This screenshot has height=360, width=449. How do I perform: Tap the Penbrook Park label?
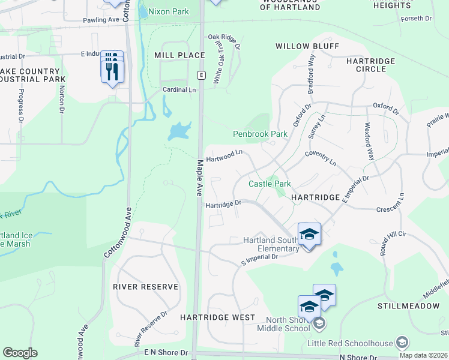click(260, 134)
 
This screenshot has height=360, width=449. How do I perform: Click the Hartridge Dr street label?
click(223, 205)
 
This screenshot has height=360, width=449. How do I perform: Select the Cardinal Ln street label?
click(179, 90)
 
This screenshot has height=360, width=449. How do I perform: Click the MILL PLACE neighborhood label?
click(179, 55)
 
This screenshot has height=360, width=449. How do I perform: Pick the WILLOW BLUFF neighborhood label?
click(307, 46)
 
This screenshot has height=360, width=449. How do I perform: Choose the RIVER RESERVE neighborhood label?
click(145, 287)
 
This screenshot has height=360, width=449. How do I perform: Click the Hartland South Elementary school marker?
click(309, 233)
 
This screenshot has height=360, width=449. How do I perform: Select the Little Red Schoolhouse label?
click(349, 343)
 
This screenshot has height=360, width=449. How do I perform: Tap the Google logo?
click(20, 353)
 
